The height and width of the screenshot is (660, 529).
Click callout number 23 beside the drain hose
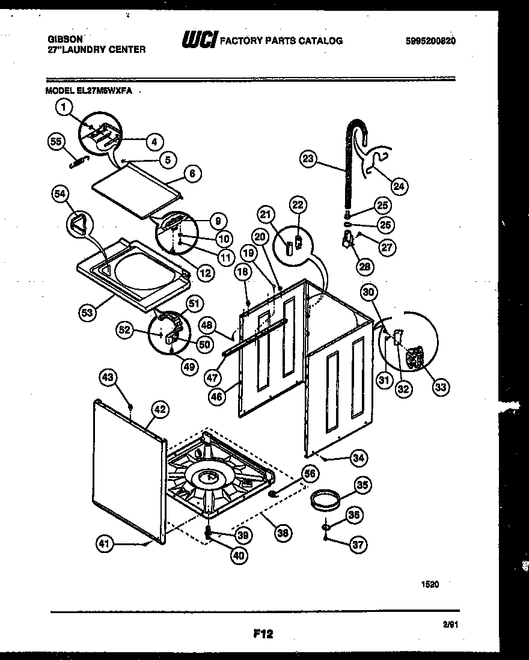[x=308, y=159]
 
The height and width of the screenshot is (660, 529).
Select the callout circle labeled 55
[x=55, y=141]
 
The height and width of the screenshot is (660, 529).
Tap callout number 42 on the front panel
[x=159, y=409]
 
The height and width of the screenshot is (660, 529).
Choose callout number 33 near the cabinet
[x=441, y=387]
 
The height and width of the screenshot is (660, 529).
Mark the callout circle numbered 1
[x=63, y=108]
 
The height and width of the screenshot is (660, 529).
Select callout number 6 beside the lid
[x=192, y=174]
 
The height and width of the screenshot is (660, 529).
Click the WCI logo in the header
[x=198, y=41]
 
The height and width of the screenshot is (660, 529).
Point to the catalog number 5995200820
[x=430, y=41]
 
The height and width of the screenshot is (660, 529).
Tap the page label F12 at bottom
[x=263, y=632]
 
